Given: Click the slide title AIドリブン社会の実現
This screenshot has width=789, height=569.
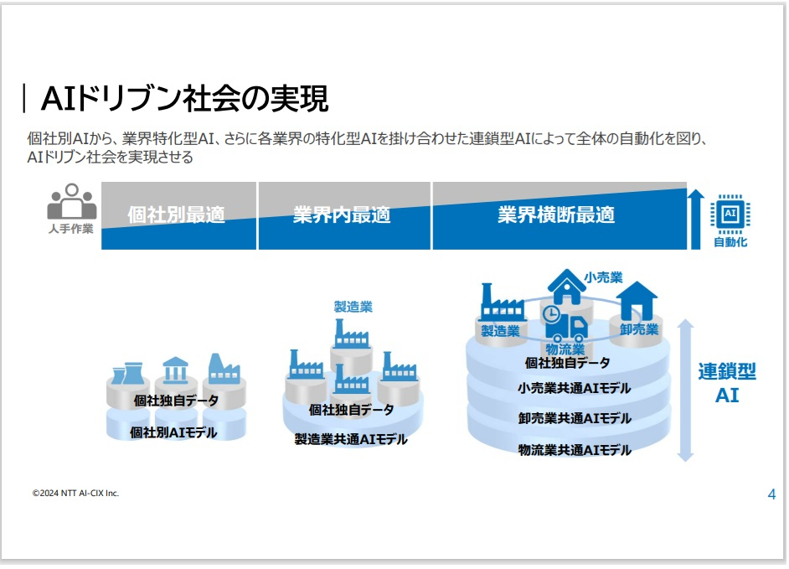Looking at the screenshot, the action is click(x=184, y=98).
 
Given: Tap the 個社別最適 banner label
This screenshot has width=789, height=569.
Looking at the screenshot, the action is click(x=176, y=215).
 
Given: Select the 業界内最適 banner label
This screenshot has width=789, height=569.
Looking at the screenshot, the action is click(x=342, y=215).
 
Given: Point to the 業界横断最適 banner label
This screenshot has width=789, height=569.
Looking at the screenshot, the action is click(x=556, y=215).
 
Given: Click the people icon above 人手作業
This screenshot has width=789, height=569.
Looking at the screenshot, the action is click(x=71, y=201).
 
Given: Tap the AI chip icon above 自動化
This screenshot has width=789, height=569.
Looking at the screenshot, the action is click(x=730, y=214).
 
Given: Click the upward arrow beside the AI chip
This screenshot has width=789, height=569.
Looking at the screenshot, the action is click(x=695, y=219).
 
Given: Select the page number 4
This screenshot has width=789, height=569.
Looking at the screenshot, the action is click(x=771, y=494).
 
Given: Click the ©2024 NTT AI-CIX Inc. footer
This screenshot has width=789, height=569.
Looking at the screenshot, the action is click(x=75, y=494).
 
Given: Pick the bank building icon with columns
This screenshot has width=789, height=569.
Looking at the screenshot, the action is click(x=175, y=370).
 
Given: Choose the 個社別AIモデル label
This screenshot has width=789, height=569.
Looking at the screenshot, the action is click(x=173, y=432).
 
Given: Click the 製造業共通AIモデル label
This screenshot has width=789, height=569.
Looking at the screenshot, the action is click(x=351, y=439).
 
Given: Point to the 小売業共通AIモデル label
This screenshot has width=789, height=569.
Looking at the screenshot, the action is click(x=574, y=388).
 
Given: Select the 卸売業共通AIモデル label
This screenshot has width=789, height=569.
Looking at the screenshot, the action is click(x=574, y=418).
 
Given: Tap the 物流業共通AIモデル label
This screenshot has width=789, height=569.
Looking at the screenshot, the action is click(x=574, y=450).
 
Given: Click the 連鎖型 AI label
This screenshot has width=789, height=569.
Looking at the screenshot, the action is click(x=727, y=383).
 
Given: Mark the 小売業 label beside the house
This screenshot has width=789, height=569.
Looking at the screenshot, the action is click(x=603, y=277).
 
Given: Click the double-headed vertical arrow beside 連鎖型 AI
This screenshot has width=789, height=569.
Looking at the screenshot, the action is click(x=685, y=391).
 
